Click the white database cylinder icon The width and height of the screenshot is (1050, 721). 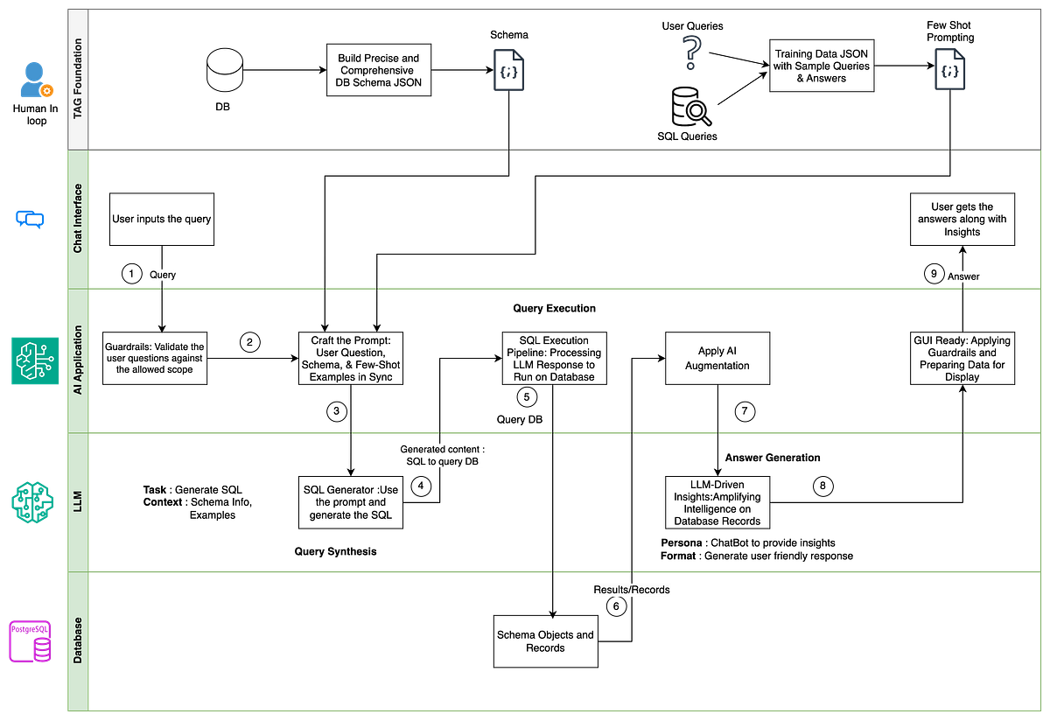[225, 70]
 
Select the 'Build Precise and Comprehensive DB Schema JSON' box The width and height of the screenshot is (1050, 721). [379, 70]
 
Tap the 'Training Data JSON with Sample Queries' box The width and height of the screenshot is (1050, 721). [822, 66]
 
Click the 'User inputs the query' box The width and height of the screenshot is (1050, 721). [162, 219]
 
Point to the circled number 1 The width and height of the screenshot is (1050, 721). [131, 274]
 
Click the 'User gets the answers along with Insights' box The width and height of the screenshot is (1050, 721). [962, 219]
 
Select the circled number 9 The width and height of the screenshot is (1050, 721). [934, 274]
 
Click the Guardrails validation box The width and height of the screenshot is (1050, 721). [154, 359]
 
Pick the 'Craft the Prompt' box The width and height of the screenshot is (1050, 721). [350, 359]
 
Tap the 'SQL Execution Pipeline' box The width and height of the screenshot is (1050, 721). [554, 359]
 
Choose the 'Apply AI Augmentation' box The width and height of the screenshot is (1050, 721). [717, 359]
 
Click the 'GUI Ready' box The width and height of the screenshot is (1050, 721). [962, 359]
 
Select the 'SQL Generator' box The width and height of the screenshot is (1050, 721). [350, 502]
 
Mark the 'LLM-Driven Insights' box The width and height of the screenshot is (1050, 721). [717, 502]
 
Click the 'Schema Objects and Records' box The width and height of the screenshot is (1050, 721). [545, 641]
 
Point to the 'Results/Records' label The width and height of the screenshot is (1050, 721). [632, 590]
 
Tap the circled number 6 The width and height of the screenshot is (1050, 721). [616, 606]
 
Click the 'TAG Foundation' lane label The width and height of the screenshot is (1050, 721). [78, 80]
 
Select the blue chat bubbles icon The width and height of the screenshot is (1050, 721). [31, 219]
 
